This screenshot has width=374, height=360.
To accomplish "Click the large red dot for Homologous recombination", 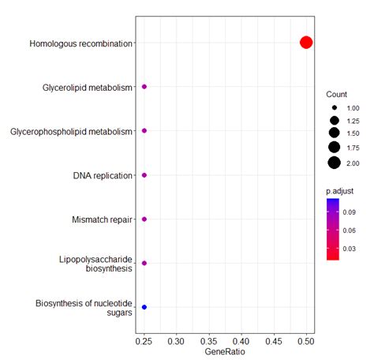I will click(306, 43).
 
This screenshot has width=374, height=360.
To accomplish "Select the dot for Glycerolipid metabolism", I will click(144, 87).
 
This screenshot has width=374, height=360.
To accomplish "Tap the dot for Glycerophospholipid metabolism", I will click(144, 131).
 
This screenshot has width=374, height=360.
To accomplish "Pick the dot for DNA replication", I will click(144, 175).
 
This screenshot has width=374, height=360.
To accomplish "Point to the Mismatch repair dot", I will click(144, 219).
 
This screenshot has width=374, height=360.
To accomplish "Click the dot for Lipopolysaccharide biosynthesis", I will click(144, 263).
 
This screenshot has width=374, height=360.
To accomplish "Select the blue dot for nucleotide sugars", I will click(144, 306).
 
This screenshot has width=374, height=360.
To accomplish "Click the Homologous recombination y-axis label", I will click(80, 43).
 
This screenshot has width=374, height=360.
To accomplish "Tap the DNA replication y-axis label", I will click(103, 175).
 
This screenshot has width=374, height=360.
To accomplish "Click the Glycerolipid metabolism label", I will click(87, 88).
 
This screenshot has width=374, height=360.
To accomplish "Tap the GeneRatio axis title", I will click(225, 351).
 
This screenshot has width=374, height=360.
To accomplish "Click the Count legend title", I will click(337, 94).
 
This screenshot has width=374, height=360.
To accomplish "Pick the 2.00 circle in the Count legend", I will click(335, 163).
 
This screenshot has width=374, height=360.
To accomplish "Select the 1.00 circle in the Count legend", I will click(335, 107).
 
